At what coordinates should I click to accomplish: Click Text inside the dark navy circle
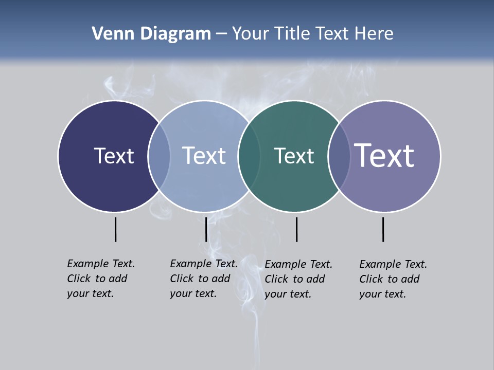tap(114, 156)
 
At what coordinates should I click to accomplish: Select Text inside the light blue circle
tap(204, 156)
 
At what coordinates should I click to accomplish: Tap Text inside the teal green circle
tap(294, 156)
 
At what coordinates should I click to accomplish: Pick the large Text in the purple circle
tap(384, 155)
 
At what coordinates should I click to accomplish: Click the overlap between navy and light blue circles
tap(159, 156)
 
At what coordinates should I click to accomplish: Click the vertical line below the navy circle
tap(116, 229)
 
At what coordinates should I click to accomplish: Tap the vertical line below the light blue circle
tap(206, 229)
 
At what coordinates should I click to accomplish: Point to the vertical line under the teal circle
tap(296, 229)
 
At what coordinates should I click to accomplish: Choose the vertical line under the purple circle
tap(383, 229)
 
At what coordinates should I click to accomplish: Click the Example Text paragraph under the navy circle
tap(101, 279)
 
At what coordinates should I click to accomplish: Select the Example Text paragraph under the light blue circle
tap(204, 279)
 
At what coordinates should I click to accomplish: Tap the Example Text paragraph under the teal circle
tap(298, 279)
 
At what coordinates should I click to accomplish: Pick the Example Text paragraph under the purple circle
tap(393, 279)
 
